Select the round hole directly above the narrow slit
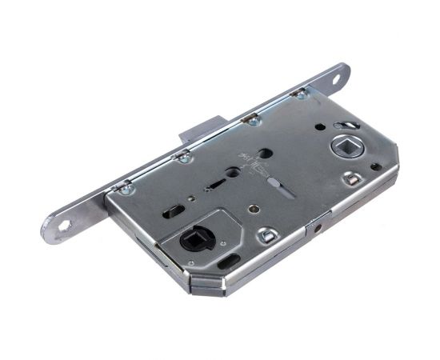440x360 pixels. point(232,171)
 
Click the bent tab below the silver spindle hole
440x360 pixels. point(352,180)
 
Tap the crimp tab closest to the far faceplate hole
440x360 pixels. point(301,94)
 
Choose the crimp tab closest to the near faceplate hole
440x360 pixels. point(125,188)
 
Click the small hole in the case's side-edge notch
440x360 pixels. point(318,227)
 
